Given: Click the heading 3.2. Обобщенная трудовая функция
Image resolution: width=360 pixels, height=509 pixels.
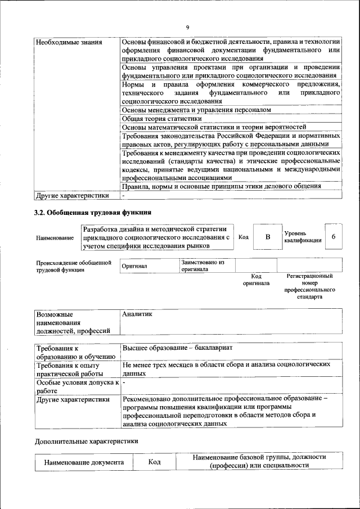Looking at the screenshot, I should coord(93,212).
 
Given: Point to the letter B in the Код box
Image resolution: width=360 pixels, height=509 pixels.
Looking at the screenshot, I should coord(268,237).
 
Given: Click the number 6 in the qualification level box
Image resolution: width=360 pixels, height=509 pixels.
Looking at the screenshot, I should coord(334,236).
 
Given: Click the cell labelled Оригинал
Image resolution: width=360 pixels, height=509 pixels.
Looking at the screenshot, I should coord(134,267).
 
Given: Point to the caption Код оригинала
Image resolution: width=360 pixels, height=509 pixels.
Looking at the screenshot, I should coord(256,280).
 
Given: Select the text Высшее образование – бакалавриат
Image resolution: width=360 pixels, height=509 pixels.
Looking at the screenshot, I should coord(177,348).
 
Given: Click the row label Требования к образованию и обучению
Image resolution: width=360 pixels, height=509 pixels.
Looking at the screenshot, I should coord(75,352).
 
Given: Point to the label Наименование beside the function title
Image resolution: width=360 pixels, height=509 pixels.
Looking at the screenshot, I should coord(55,238).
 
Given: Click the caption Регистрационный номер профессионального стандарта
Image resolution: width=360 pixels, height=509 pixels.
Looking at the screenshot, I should coord(310,286).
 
